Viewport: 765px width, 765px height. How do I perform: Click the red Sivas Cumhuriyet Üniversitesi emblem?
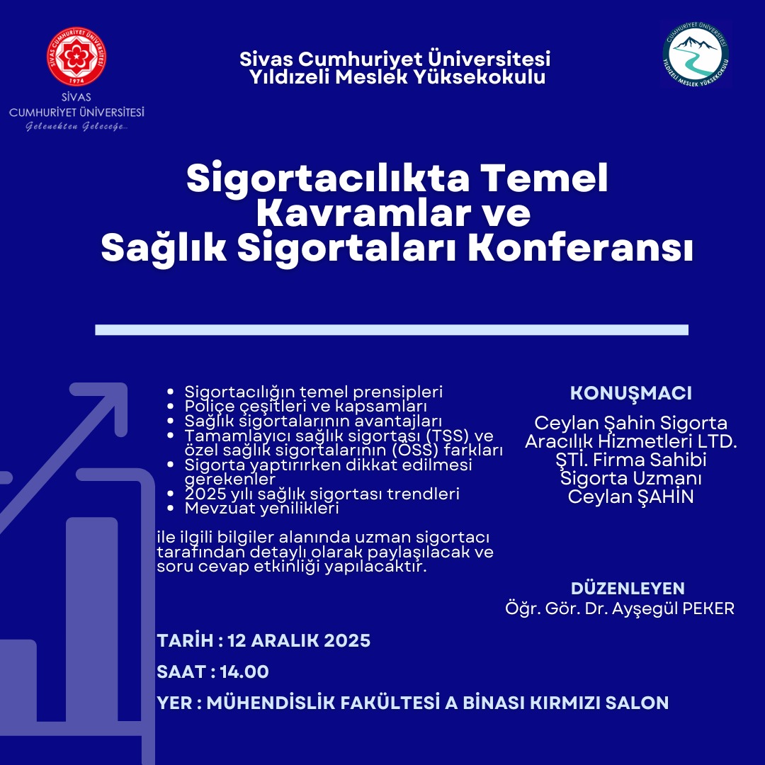[x=76, y=57]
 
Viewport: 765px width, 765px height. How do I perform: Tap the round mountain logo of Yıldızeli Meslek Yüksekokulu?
[x=696, y=53]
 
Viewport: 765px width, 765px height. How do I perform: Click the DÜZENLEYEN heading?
[x=628, y=588]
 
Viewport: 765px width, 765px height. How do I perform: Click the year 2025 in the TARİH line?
[x=347, y=641]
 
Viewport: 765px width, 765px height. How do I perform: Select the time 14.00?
[x=244, y=671]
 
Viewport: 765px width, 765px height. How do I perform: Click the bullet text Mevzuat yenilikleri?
[x=262, y=508]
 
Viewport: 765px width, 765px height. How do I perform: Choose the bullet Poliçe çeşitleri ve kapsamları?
[x=306, y=407]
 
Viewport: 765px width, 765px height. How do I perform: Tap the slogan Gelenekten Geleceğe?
[x=76, y=126]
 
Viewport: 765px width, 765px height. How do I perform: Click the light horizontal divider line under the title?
[x=392, y=329]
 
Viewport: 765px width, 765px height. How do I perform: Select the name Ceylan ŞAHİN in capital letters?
[x=631, y=497]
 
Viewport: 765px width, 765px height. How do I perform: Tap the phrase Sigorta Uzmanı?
[x=631, y=478]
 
